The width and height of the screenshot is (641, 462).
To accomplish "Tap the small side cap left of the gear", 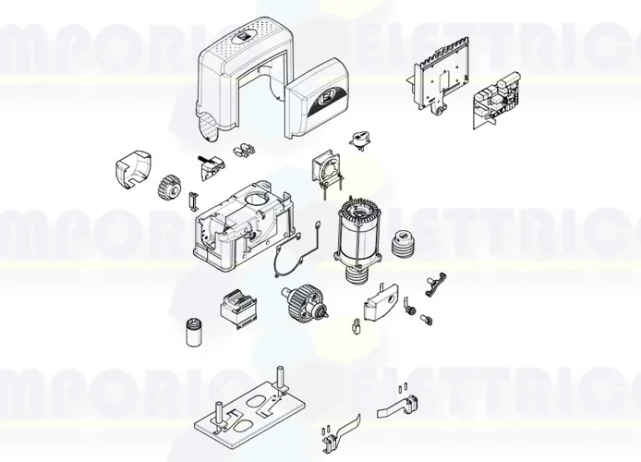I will (x=130, y=171).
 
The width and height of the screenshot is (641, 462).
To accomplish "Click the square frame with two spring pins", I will (x=327, y=174).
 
